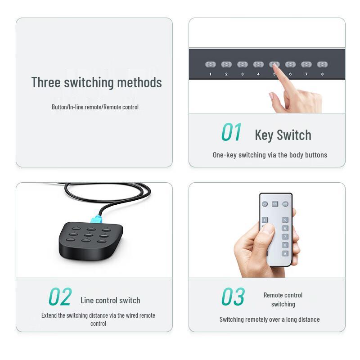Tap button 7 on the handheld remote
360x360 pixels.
point(285,237)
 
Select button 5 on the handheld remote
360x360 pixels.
point(285,220)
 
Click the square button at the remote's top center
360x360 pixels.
point(275,204)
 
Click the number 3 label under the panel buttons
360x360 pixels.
point(242,74)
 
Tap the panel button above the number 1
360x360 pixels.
point(211,64)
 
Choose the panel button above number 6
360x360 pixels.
point(290,64)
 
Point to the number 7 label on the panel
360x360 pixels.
point(306,74)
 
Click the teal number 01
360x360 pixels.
point(231,132)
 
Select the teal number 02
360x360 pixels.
point(60,297)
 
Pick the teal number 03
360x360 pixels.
point(233,297)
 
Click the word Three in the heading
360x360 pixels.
point(46,82)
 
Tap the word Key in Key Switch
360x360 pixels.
point(264,135)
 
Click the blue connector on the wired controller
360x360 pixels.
point(96,219)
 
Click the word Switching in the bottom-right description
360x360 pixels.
point(231,319)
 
